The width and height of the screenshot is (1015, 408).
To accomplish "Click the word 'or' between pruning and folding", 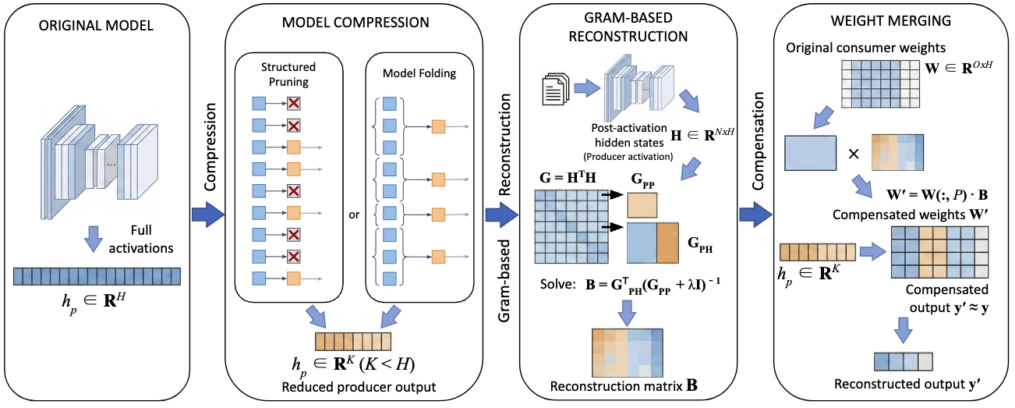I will [x=354, y=216].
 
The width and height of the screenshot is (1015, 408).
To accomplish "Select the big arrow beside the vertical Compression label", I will [x=206, y=216].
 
